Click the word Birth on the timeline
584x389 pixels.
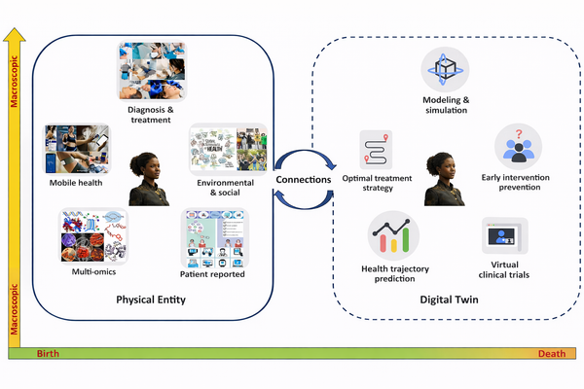(49, 354)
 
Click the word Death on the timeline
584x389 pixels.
(552, 354)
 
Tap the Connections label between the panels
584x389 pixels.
(304, 179)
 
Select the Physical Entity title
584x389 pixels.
(151, 300)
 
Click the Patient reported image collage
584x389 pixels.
(213, 238)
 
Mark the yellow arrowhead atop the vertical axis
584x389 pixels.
(15, 36)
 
